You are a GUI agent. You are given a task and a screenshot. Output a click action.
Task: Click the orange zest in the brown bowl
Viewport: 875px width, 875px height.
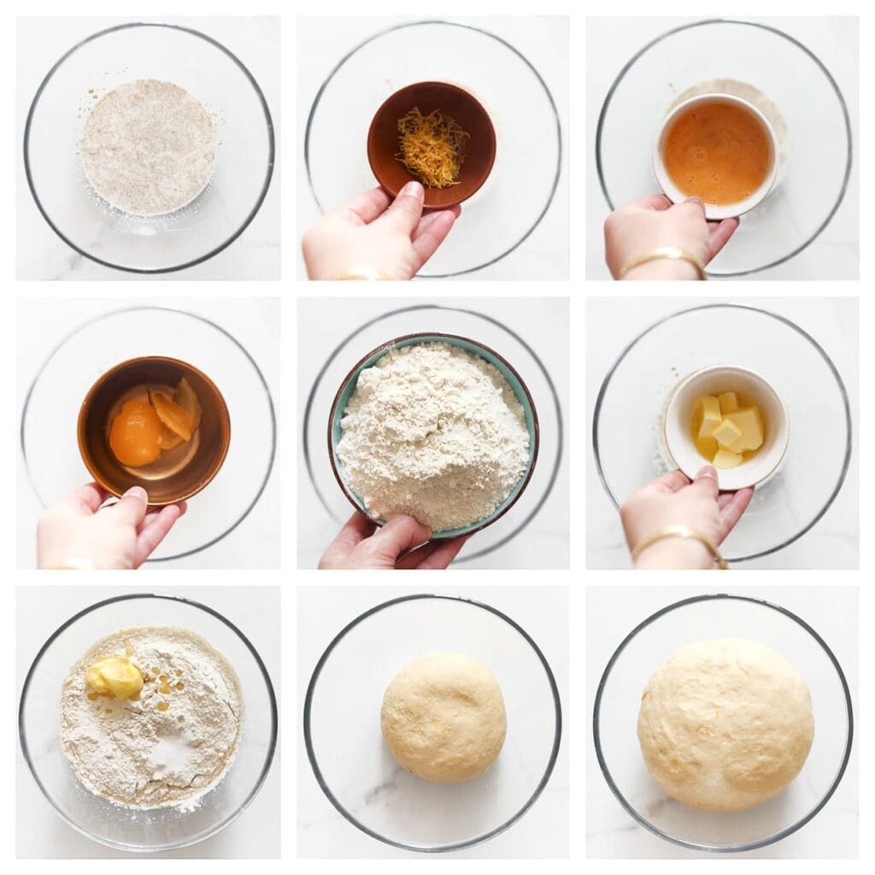(432, 146)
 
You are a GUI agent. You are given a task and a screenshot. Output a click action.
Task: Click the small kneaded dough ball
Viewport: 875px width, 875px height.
(443, 717)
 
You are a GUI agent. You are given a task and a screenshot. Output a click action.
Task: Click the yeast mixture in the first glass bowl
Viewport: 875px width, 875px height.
(147, 146)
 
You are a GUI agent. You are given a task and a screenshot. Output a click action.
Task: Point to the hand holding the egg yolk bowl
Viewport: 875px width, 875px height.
(94, 526)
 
